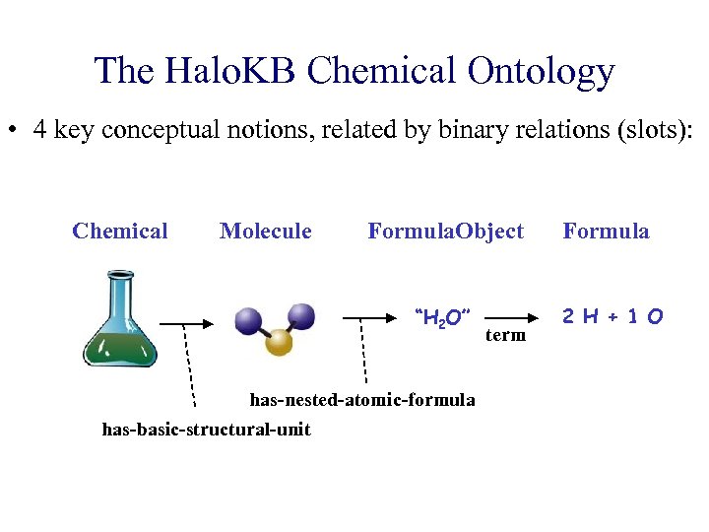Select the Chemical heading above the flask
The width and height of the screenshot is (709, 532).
coord(120,232)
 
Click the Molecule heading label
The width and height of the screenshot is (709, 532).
coord(265,232)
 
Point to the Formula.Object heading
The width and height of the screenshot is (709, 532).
coord(445,232)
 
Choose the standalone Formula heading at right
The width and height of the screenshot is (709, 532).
coord(606,232)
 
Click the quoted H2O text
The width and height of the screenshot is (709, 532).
coord(444,317)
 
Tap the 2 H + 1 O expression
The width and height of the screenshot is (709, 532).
coord(612,316)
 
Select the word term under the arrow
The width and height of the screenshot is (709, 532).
coord(506,336)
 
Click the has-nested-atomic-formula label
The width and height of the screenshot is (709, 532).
coord(362,400)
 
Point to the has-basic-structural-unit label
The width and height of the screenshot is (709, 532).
coord(206,429)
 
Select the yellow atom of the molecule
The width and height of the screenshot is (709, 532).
coord(280,341)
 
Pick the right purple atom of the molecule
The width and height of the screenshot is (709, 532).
coord(301,316)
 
